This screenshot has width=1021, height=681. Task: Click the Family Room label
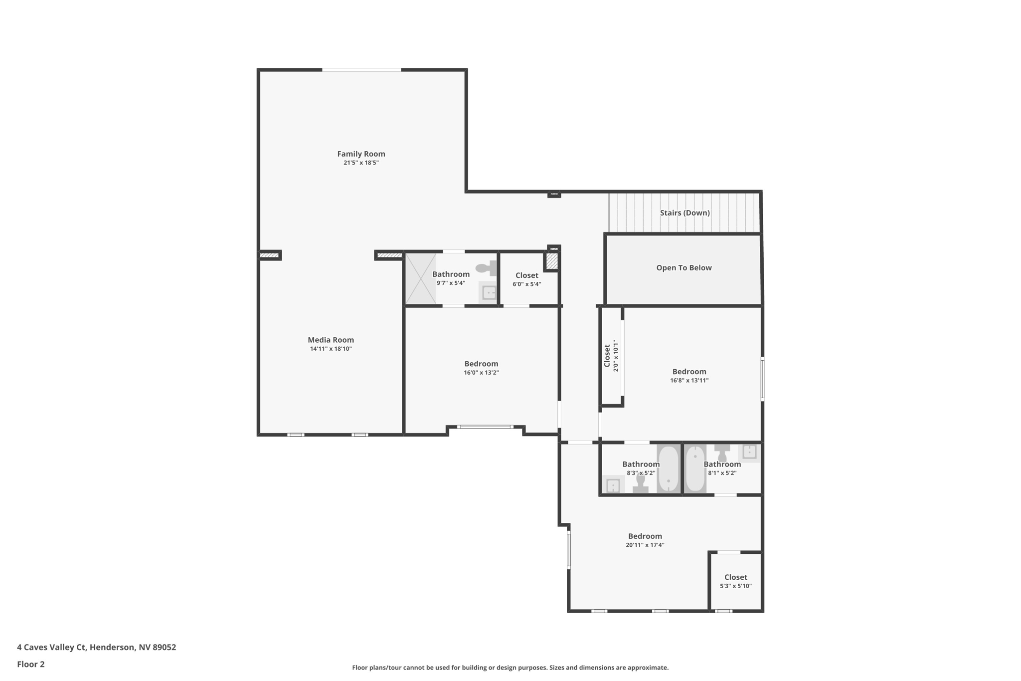click(361, 154)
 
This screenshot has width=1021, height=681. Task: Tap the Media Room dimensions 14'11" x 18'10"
click(331, 349)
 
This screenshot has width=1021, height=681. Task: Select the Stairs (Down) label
click(684, 213)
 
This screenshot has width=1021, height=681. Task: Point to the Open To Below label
click(683, 268)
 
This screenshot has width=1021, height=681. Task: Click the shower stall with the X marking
click(420, 279)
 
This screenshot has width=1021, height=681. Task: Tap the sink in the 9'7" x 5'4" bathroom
click(489, 292)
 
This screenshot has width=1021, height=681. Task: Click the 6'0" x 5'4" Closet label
click(526, 275)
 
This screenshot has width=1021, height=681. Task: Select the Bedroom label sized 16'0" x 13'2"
click(481, 364)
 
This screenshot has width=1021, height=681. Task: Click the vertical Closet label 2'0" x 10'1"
click(607, 356)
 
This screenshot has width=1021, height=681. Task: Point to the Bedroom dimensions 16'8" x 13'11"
click(689, 380)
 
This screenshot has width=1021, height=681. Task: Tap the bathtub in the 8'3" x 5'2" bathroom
click(668, 469)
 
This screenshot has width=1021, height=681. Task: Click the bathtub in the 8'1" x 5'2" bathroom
click(695, 469)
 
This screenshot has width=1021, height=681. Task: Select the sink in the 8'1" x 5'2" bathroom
click(749, 452)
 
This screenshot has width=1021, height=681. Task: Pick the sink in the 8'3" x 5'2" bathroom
click(613, 485)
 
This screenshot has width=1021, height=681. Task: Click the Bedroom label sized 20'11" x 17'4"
click(645, 536)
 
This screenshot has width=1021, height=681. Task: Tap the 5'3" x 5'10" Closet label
click(735, 577)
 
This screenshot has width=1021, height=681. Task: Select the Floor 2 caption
click(31, 664)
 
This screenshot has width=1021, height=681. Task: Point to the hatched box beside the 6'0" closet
click(551, 261)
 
